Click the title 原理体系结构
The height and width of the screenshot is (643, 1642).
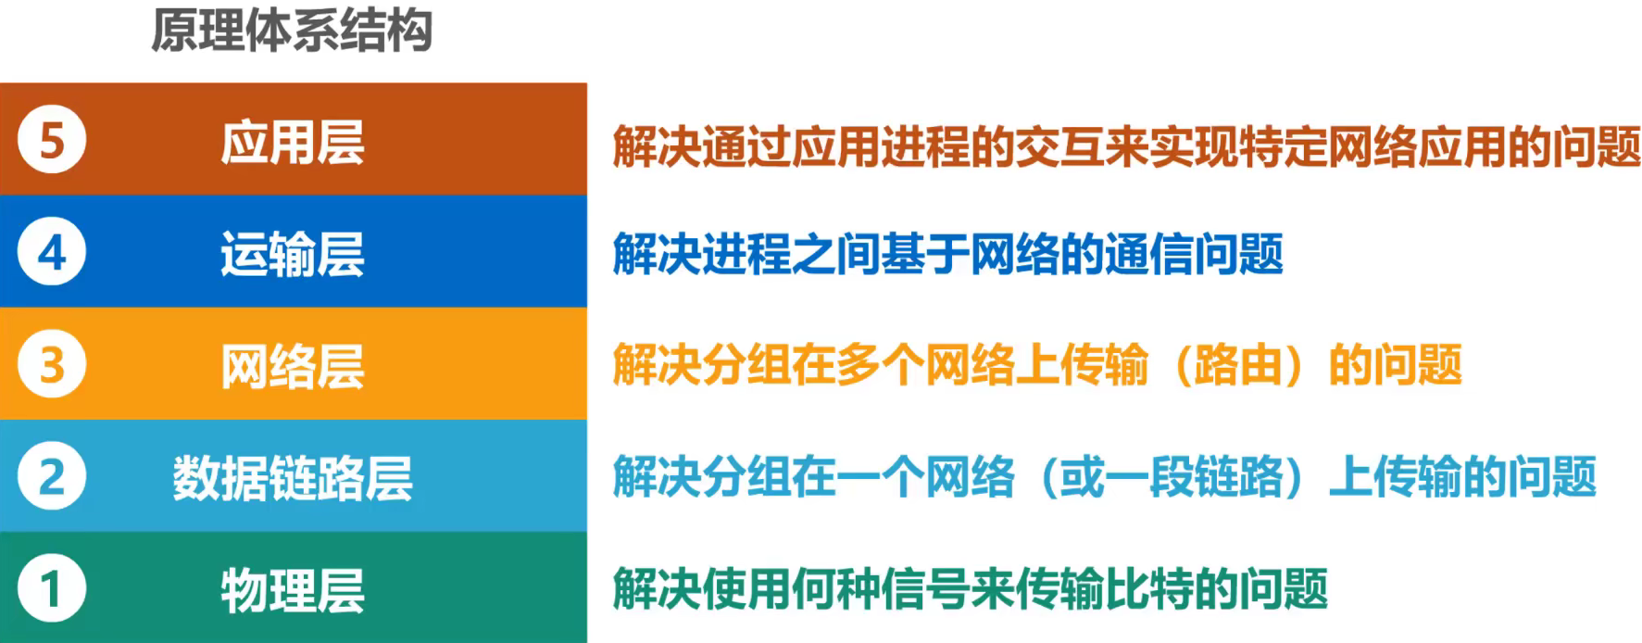coord(292,31)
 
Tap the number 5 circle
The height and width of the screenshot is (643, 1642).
coord(52,141)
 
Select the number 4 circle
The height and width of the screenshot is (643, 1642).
coord(52,253)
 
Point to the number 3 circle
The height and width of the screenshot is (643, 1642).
coord(52,365)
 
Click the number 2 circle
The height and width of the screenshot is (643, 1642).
coord(52,477)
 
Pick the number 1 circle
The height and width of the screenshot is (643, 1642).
coord(52,589)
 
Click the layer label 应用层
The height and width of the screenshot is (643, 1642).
coord(293,143)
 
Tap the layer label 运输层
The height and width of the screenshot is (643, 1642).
coord(293,255)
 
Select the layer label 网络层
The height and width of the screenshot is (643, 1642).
coord(293,367)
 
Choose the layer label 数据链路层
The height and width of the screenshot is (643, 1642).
coord(293,479)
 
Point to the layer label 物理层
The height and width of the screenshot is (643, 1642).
coord(293,591)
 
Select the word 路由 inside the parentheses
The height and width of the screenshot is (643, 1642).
coord(1237,365)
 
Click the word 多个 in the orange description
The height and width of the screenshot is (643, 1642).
coord(880,365)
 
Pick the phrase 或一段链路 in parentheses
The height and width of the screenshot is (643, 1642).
coord(1172,477)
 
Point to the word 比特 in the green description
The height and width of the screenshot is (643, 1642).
coord(1148,589)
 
